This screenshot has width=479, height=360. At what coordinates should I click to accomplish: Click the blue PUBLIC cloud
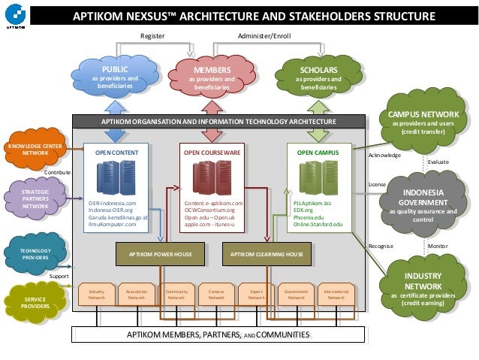point(115,78)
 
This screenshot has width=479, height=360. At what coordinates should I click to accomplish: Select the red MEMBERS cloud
point(211,78)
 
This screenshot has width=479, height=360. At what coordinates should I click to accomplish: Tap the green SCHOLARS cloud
point(318,77)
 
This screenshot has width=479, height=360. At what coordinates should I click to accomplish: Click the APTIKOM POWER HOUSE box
point(163,255)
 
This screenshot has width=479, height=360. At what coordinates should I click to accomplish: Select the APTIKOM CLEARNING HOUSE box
point(268,255)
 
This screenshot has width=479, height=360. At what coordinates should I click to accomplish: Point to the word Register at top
point(152,35)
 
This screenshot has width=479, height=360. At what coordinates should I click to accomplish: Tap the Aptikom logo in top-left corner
point(13,16)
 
